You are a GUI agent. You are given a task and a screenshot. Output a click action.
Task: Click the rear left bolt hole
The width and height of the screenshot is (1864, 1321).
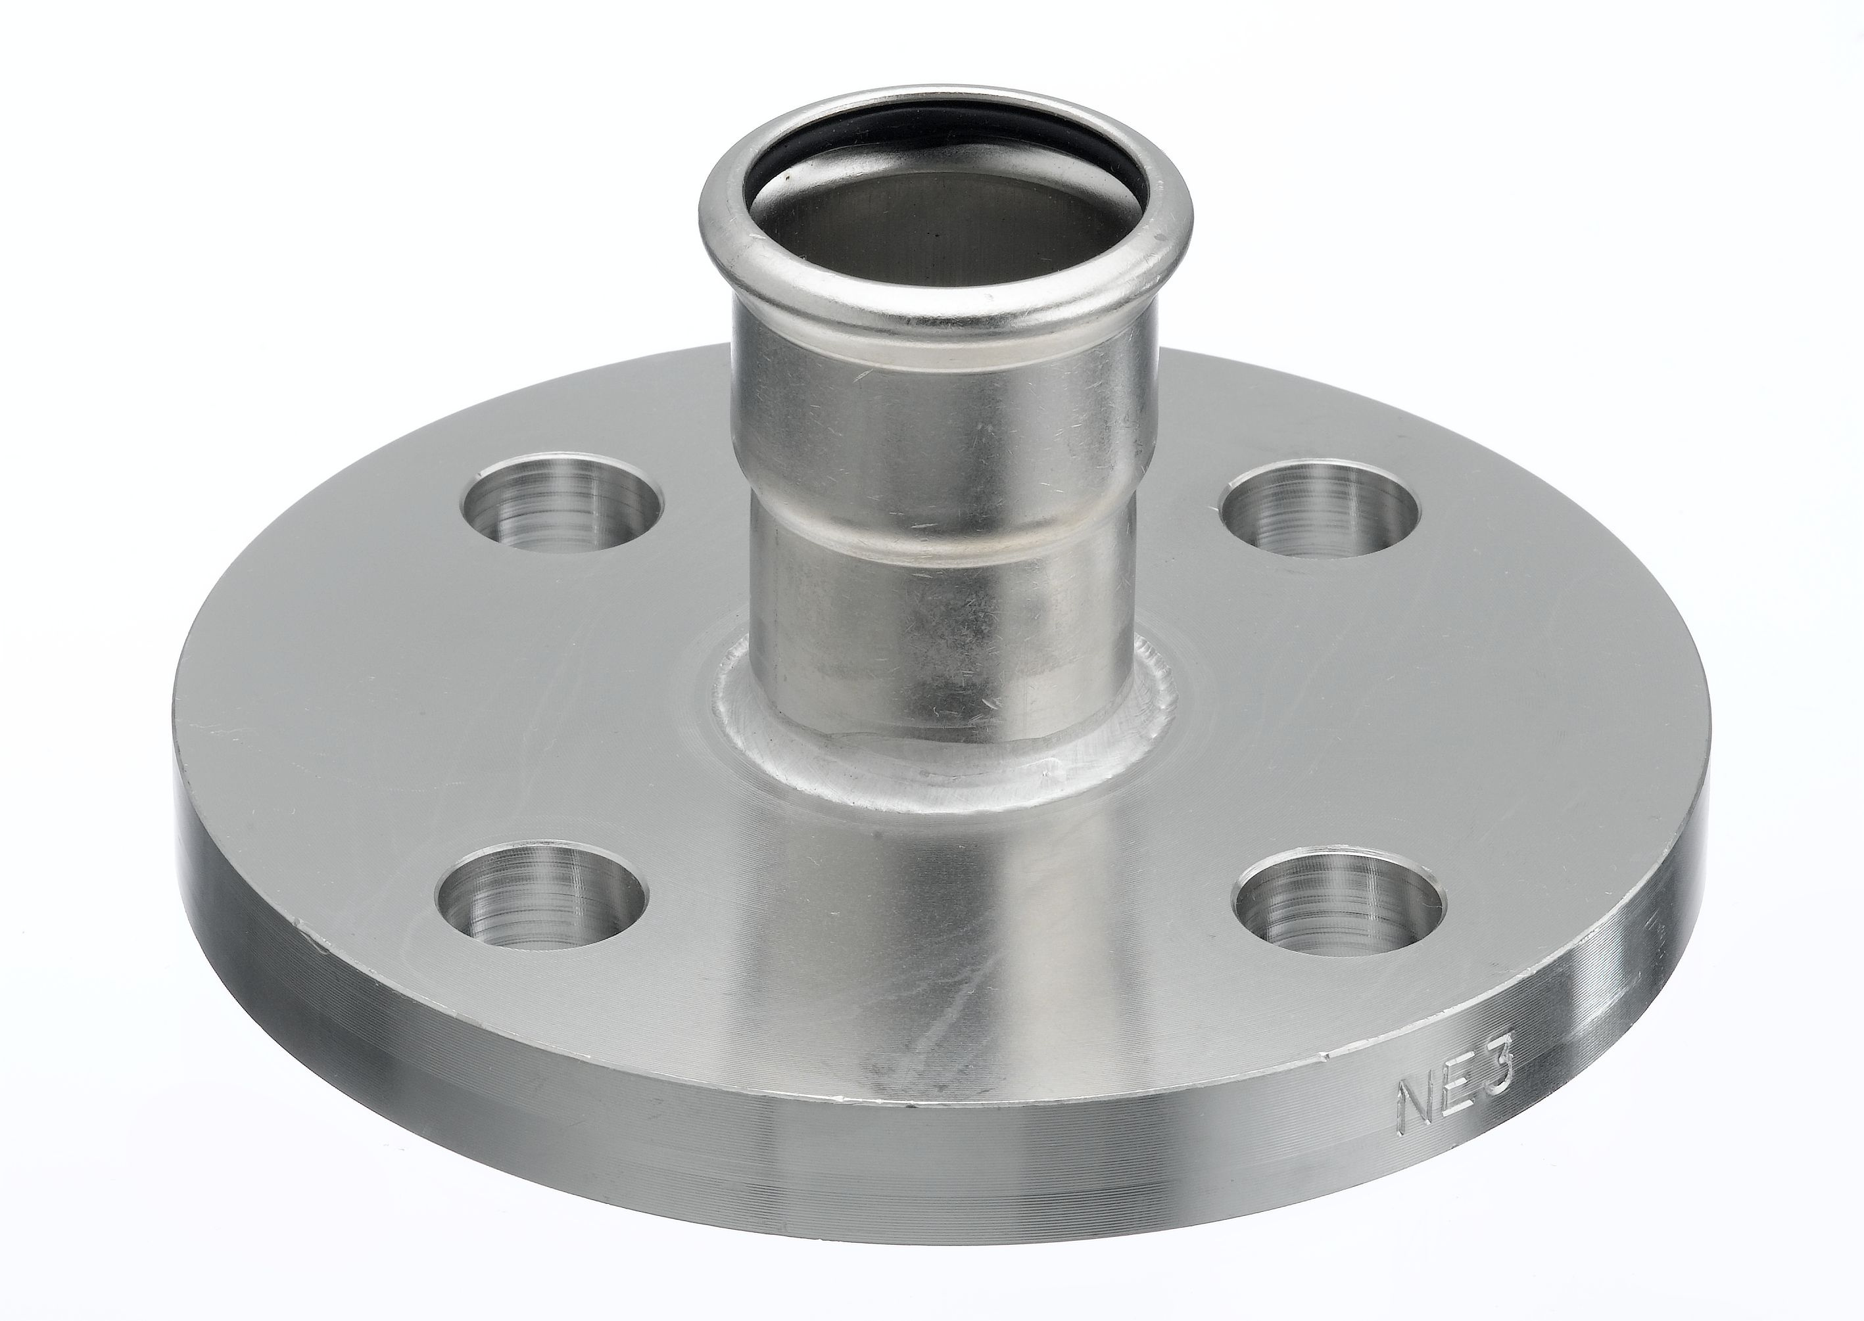click(x=562, y=503)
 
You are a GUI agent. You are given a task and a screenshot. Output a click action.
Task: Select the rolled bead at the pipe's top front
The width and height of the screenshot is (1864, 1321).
click(x=944, y=309)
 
